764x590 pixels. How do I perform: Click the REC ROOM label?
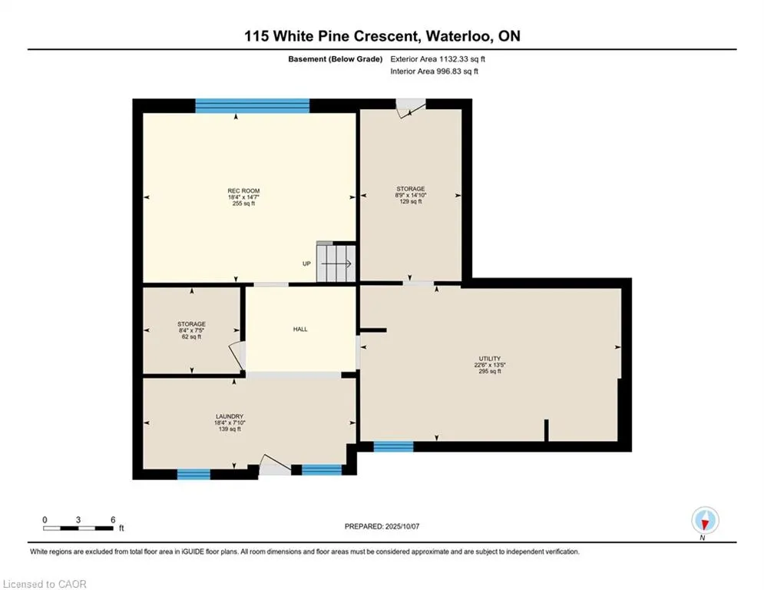[243, 191]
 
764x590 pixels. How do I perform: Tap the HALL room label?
[300, 329]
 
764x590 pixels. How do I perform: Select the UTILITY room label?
[490, 359]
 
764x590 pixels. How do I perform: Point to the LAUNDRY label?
[230, 416]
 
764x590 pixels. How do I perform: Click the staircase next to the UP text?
[336, 264]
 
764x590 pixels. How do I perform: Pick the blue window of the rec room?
[253, 106]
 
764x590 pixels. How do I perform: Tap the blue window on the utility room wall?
[394, 446]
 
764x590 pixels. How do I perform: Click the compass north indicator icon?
[705, 521]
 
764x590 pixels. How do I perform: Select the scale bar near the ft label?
[78, 528]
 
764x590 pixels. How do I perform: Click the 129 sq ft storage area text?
[411, 201]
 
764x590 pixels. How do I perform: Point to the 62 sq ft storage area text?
[191, 336]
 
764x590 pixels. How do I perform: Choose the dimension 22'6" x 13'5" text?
[490, 365]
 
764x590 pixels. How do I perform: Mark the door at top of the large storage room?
[410, 108]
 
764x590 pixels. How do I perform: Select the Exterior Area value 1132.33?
[454, 59]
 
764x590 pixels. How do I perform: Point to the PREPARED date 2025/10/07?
[402, 526]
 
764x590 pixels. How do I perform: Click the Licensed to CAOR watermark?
[45, 584]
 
